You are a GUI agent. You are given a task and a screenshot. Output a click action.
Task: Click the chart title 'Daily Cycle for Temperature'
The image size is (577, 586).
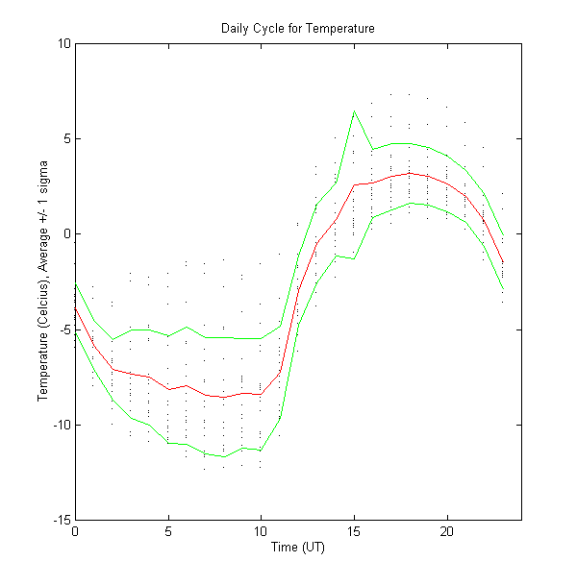tap(297, 29)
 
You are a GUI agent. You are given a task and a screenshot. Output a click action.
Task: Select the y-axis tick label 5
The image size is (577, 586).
tap(64, 138)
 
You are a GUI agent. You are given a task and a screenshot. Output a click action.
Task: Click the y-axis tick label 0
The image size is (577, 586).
tap(64, 233)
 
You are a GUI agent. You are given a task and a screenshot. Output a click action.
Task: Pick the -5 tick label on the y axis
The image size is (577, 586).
tap(63, 330)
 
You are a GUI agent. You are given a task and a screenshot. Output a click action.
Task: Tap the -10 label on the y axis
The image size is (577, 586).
tap(60, 425)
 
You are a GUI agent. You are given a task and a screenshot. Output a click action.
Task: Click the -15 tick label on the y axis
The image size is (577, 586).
tap(60, 520)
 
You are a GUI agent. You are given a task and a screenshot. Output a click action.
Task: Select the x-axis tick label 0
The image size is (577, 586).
tap(75, 531)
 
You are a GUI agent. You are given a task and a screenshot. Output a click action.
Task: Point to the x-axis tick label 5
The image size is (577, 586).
tap(168, 531)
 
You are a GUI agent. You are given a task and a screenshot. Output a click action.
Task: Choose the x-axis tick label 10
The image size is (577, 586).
tap(261, 531)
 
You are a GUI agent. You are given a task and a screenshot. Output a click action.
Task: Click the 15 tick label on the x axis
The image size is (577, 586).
tap(354, 531)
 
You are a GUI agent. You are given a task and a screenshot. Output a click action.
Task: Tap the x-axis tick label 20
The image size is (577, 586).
tap(447, 531)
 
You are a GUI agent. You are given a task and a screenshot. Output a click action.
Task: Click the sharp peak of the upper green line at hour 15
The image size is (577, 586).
tap(354, 111)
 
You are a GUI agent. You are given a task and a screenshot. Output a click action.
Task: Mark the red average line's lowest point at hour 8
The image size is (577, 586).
tap(224, 397)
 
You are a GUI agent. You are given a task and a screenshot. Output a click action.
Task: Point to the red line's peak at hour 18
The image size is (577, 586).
tap(410, 173)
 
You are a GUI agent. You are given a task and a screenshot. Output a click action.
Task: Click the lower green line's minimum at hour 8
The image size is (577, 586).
tap(224, 456)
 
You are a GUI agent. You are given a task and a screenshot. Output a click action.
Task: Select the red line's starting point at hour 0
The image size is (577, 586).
tap(75, 307)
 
